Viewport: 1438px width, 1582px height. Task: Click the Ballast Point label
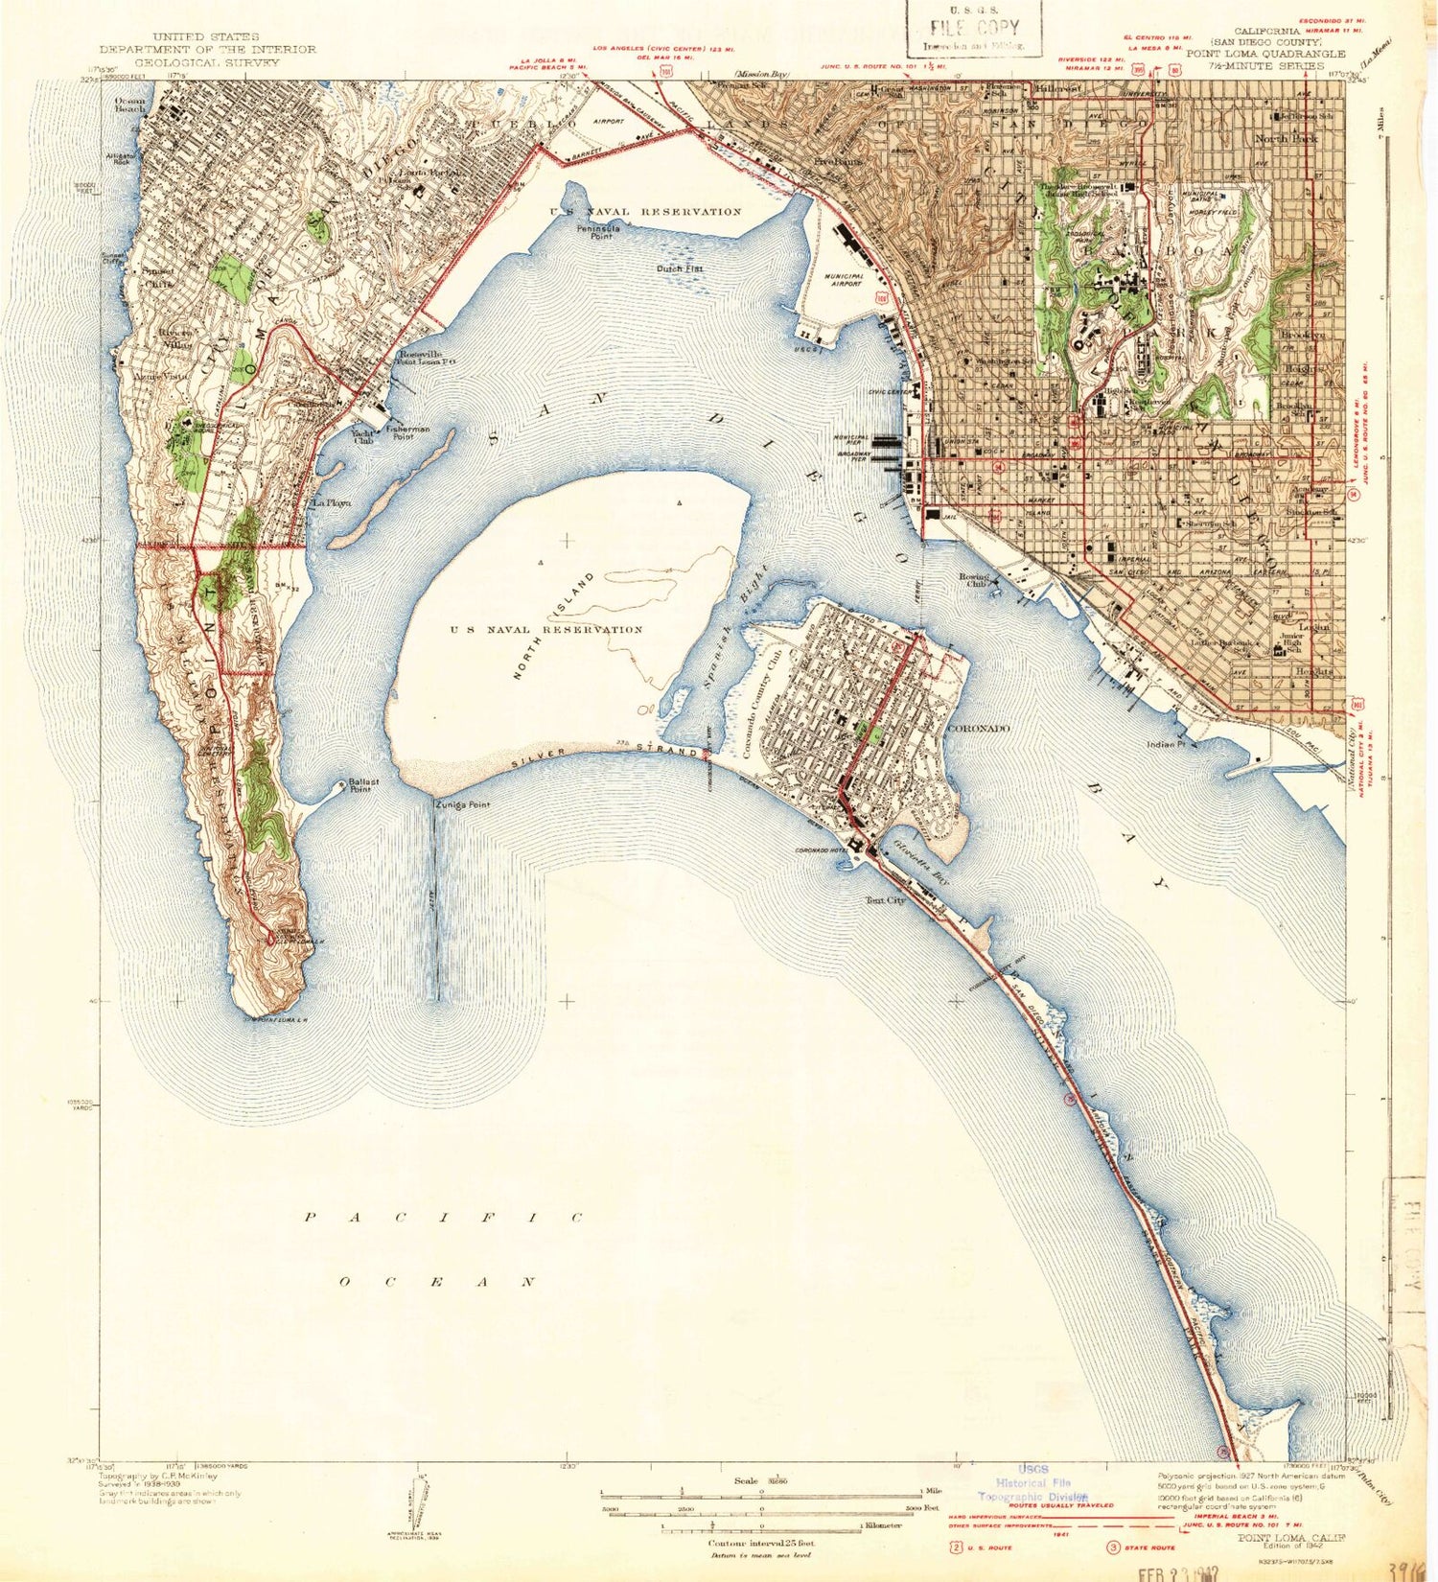pos(363,785)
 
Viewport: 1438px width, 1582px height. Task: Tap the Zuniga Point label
pos(462,805)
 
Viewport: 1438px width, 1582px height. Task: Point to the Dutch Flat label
pos(680,268)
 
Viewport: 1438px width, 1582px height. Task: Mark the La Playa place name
pos(328,502)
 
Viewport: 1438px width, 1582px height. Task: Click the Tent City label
pos(885,900)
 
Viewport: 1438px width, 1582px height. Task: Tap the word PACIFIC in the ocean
pos(444,1218)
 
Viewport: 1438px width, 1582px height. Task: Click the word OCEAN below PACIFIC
pos(438,1281)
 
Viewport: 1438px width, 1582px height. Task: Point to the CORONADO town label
pos(978,729)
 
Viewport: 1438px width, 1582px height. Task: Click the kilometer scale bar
pos(762,1524)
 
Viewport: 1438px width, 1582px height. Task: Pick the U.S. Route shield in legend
pos(956,1547)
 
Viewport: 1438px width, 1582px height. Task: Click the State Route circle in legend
pos(1114,1547)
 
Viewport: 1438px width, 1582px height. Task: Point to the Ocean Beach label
pos(129,105)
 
